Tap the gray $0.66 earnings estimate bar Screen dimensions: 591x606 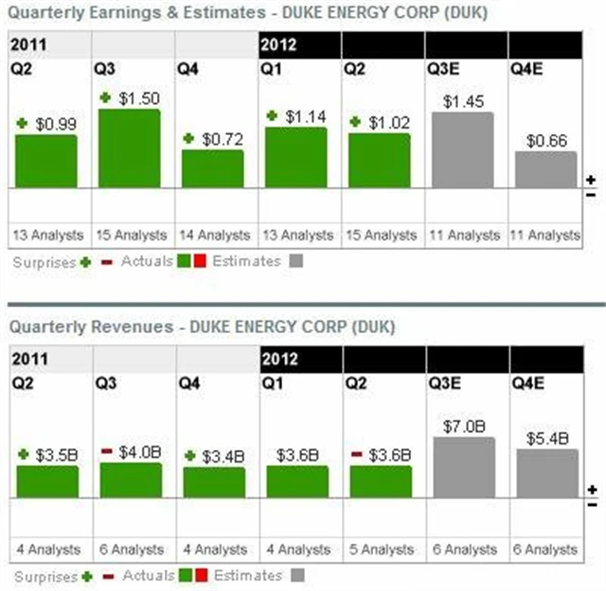tap(545, 169)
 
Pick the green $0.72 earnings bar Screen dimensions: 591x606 tap(212, 168)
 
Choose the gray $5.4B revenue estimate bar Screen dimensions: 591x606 tap(545, 473)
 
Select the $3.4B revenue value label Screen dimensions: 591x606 tap(223, 456)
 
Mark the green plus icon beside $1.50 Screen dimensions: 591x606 tap(106, 97)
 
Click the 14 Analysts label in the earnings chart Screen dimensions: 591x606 tap(216, 235)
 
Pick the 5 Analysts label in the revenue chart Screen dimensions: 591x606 tap(383, 548)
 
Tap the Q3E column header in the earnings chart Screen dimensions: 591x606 tap(444, 68)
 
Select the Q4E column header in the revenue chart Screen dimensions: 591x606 tap(527, 384)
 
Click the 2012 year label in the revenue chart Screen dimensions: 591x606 tap(279, 359)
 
